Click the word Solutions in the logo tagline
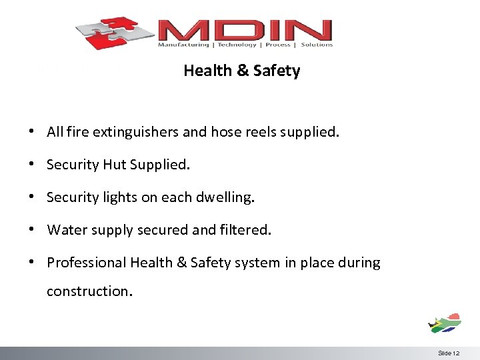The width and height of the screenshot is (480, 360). coord(317,45)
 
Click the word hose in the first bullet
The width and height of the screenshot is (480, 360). coord(225,132)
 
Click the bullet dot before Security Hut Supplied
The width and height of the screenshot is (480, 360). coord(32,165)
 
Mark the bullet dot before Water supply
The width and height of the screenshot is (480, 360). coord(32,230)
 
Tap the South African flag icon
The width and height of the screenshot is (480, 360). coord(445,323)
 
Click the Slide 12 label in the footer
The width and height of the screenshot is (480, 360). coord(449,353)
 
